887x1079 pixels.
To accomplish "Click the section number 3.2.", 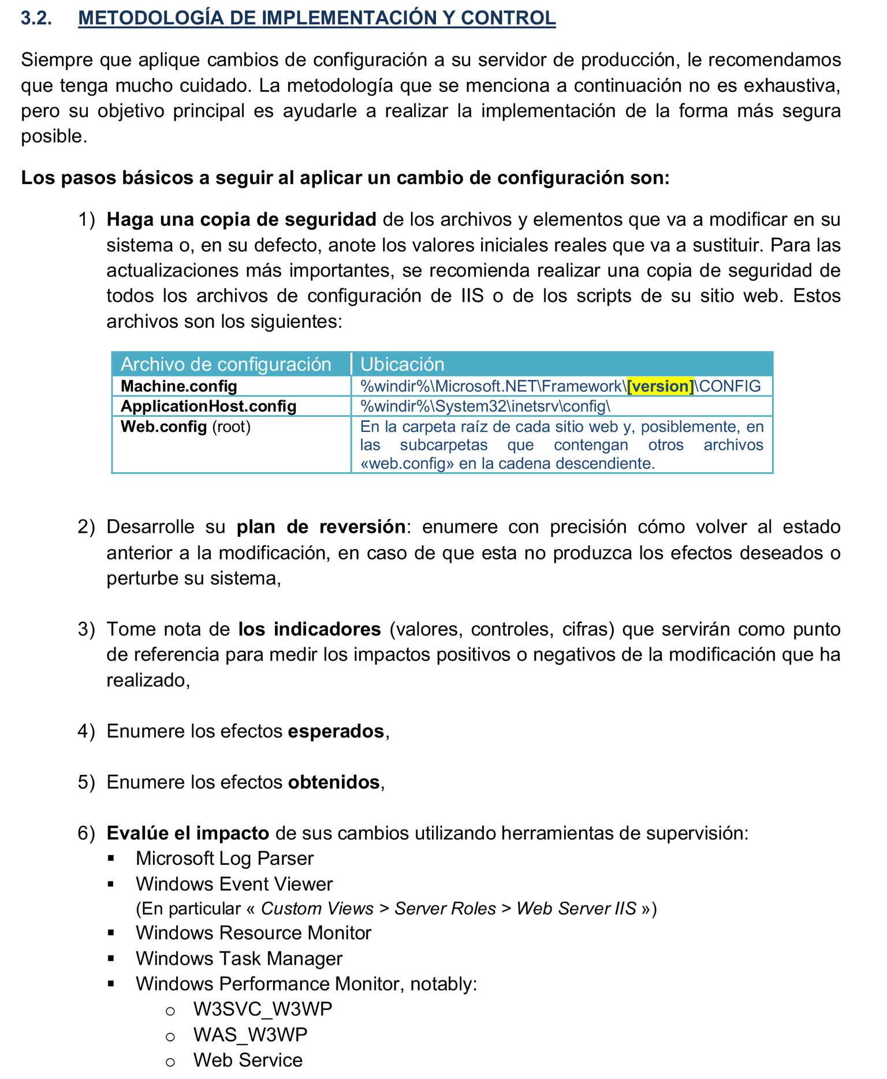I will click(x=36, y=18).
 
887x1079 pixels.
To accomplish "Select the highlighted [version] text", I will click(x=660, y=386).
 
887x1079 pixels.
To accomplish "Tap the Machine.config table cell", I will click(x=179, y=386).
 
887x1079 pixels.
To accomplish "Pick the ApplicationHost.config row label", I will click(x=208, y=406).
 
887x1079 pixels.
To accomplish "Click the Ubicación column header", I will click(x=402, y=364).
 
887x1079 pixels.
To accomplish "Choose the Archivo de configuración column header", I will click(x=226, y=364).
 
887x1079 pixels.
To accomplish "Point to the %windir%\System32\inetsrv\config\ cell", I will click(x=485, y=406).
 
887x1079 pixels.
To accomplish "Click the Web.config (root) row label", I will click(x=185, y=427).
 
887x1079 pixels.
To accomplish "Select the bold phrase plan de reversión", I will click(x=320, y=527).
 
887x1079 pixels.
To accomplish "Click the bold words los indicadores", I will click(x=310, y=629).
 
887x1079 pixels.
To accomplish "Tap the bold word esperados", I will click(x=336, y=731).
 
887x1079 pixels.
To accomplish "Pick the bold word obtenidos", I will click(x=334, y=782).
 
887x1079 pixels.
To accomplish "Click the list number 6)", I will click(x=86, y=834).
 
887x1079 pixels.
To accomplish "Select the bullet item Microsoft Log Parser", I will click(x=225, y=858).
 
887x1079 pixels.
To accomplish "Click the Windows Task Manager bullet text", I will click(x=239, y=959).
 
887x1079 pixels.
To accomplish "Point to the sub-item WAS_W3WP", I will click(x=250, y=1035).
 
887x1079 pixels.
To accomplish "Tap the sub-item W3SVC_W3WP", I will click(x=263, y=1009).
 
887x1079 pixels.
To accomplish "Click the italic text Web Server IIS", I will click(x=576, y=909).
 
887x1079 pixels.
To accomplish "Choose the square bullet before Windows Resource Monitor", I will click(x=111, y=933).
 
